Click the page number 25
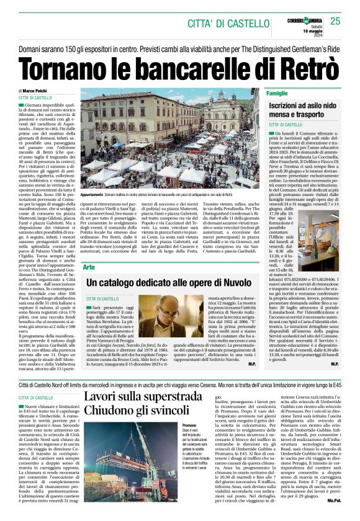point(335,22)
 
